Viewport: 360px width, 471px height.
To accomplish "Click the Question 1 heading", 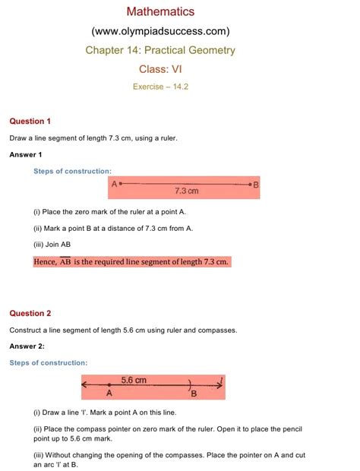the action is (x=30, y=122).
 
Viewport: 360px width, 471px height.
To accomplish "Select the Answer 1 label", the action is (x=26, y=155).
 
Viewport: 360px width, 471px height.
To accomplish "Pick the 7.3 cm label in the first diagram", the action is (x=186, y=191).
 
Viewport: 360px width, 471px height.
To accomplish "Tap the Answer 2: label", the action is (x=27, y=346).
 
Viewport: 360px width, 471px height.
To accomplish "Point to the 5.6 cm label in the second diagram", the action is (x=134, y=380).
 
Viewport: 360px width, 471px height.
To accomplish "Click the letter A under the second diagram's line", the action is (x=109, y=394).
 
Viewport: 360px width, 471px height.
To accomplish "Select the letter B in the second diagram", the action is (x=194, y=394).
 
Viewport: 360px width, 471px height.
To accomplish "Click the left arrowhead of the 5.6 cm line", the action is (x=86, y=385).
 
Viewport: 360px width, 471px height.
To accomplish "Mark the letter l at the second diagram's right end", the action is (x=220, y=381).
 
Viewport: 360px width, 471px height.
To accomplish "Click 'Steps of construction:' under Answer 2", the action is (x=48, y=363).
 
